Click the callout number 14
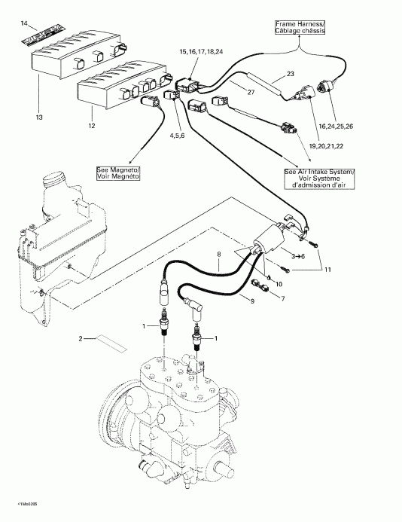tap(23, 26)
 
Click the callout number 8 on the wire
tap(219, 255)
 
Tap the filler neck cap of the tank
tap(56, 181)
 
